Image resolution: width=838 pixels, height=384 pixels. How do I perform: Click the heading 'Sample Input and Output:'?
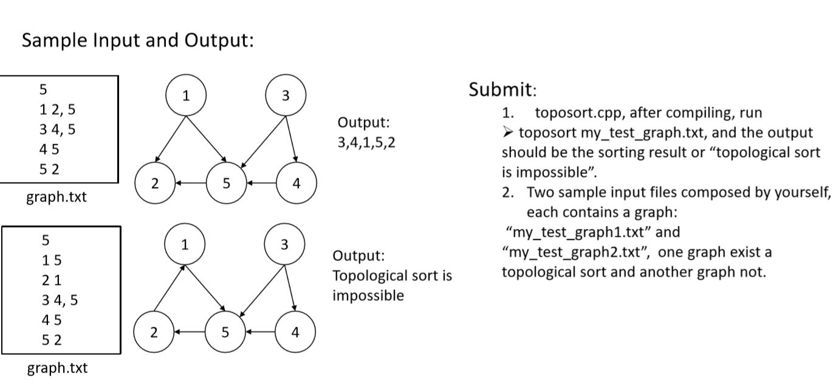click(137, 41)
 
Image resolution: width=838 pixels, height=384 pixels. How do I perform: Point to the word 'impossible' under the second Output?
click(368, 296)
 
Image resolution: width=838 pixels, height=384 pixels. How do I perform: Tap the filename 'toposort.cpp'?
click(583, 113)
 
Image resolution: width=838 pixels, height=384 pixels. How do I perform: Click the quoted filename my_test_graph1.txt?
click(578, 232)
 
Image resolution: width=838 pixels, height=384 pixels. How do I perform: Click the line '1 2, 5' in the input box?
click(57, 110)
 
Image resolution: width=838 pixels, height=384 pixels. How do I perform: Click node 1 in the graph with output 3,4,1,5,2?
click(186, 96)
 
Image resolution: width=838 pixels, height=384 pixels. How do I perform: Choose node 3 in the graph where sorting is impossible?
click(284, 245)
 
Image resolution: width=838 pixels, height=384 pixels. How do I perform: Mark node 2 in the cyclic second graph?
click(154, 332)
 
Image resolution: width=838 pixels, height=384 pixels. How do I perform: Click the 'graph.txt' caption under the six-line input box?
click(57, 368)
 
